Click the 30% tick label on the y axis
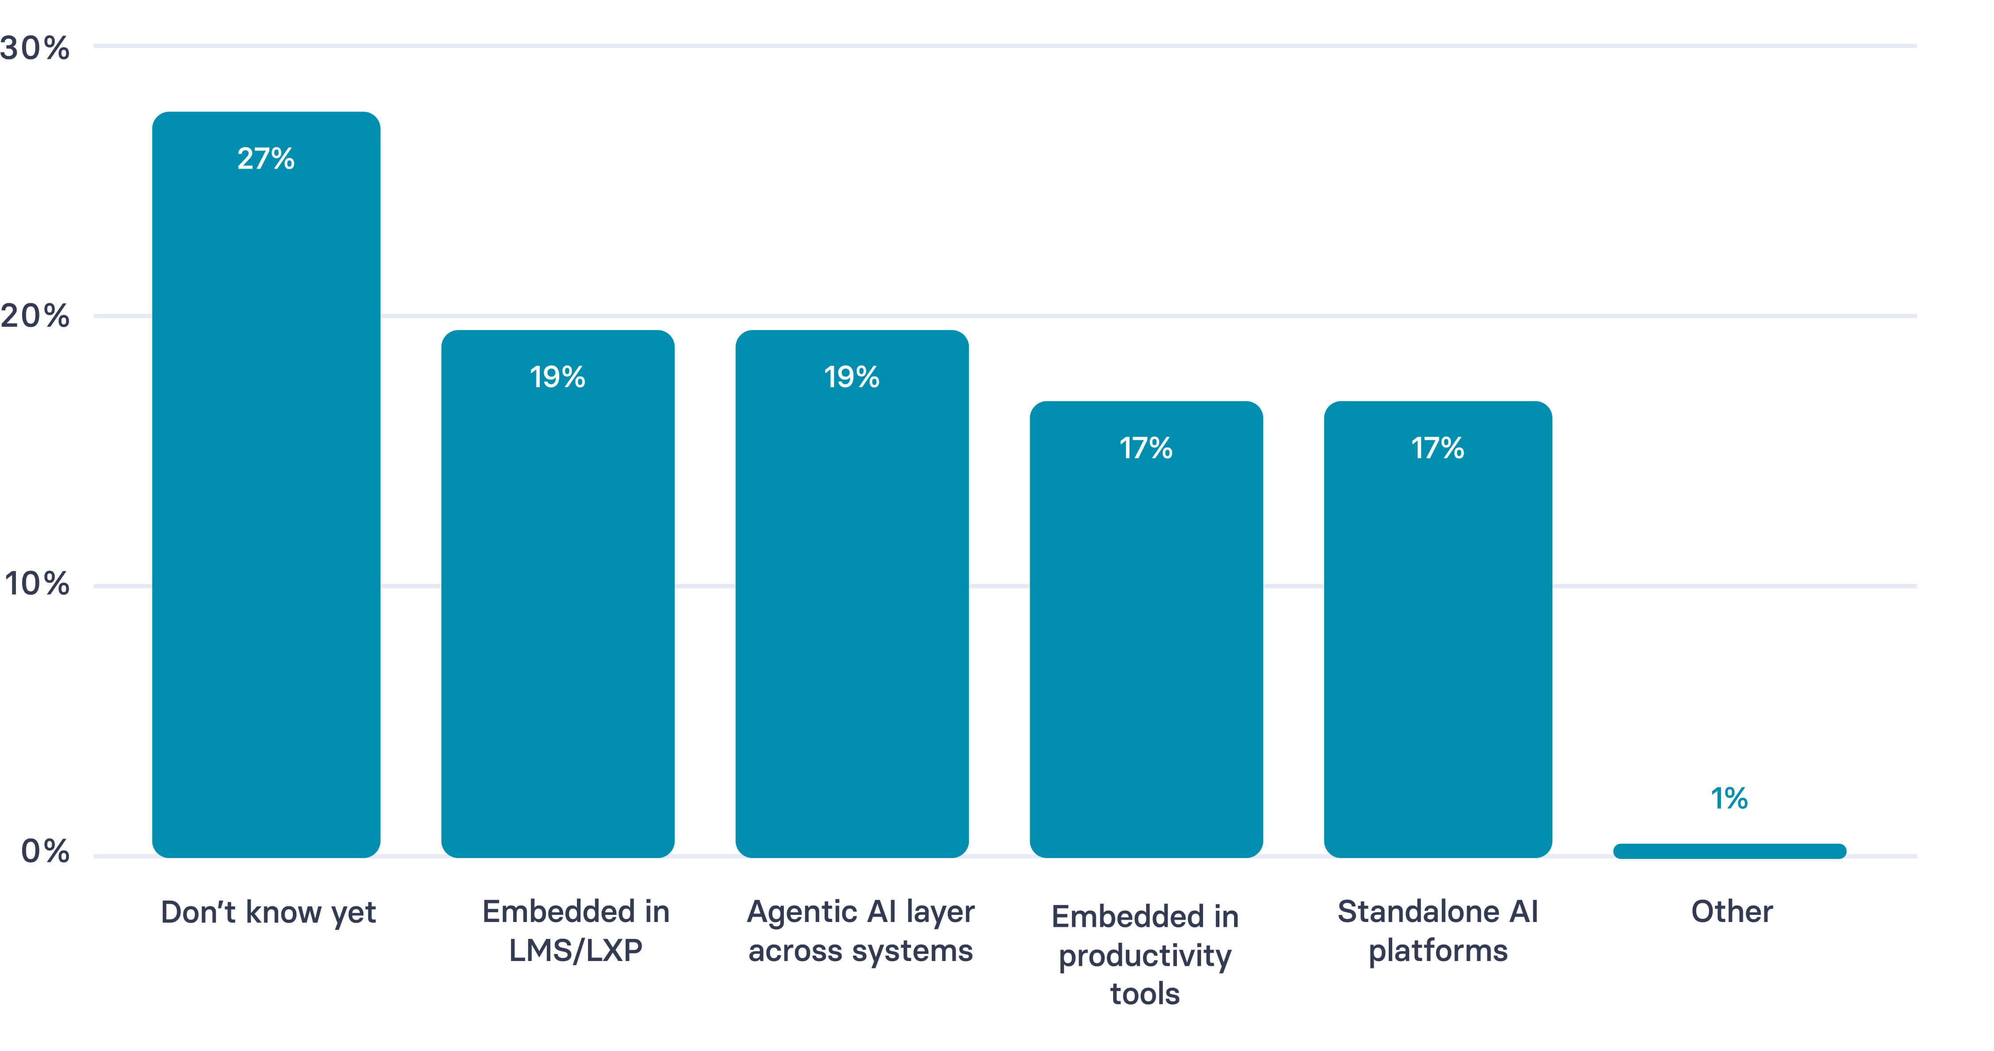pos(35,48)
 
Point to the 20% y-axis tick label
pos(35,316)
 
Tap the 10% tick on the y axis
pos(36,584)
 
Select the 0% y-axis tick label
pos(45,851)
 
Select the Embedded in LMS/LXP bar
pos(557,604)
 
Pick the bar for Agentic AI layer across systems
pos(852,604)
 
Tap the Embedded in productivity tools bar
pos(1145,643)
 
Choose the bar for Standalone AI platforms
pos(1437,643)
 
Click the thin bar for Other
pos(1729,851)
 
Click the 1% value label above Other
pos(1729,799)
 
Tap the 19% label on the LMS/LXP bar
pos(557,377)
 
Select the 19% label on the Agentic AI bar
pos(852,377)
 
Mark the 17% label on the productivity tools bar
pos(1145,448)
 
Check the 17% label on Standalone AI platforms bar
pos(1437,448)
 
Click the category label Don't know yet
pos(268,912)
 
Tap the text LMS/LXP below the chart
pos(575,950)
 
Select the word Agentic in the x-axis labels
pos(803,912)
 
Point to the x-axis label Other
pos(1732,912)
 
